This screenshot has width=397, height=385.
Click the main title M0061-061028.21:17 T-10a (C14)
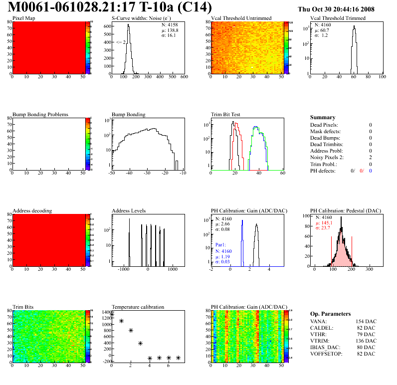[110, 7]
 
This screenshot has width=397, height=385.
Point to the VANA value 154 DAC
[364, 322]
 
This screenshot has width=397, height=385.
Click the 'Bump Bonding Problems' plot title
[40, 114]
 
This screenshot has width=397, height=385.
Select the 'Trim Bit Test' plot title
[226, 114]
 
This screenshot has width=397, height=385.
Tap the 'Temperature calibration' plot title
[138, 307]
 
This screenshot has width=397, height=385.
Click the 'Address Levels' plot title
[129, 210]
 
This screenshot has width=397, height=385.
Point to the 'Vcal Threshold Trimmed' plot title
[338, 18]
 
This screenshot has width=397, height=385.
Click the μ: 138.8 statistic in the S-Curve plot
[169, 30]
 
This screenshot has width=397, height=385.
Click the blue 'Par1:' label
[221, 245]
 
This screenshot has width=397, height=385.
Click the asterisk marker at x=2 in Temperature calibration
[131, 330]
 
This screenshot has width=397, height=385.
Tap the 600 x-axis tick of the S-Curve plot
[184, 77]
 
